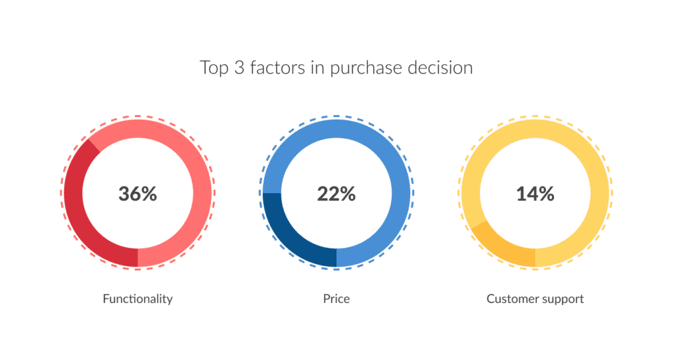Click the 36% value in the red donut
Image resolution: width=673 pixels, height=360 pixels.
(138, 194)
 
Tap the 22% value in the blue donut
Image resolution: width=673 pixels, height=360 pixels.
(336, 194)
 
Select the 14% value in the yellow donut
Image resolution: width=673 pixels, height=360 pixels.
(535, 194)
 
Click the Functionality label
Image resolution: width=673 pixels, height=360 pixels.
(138, 299)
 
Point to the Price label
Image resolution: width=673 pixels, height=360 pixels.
(336, 299)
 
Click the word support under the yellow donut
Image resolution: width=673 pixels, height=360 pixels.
(563, 300)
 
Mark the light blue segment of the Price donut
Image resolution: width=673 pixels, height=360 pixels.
(395, 171)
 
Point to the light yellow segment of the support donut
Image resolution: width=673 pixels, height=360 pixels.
(597, 171)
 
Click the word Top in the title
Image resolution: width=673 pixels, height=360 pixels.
(214, 68)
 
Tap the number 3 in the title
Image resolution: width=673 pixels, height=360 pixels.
(239, 68)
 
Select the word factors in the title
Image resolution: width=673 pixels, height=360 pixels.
(277, 68)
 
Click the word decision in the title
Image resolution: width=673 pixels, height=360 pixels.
(440, 68)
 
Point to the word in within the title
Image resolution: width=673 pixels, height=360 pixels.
(317, 68)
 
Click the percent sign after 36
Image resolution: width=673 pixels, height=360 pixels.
(149, 194)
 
